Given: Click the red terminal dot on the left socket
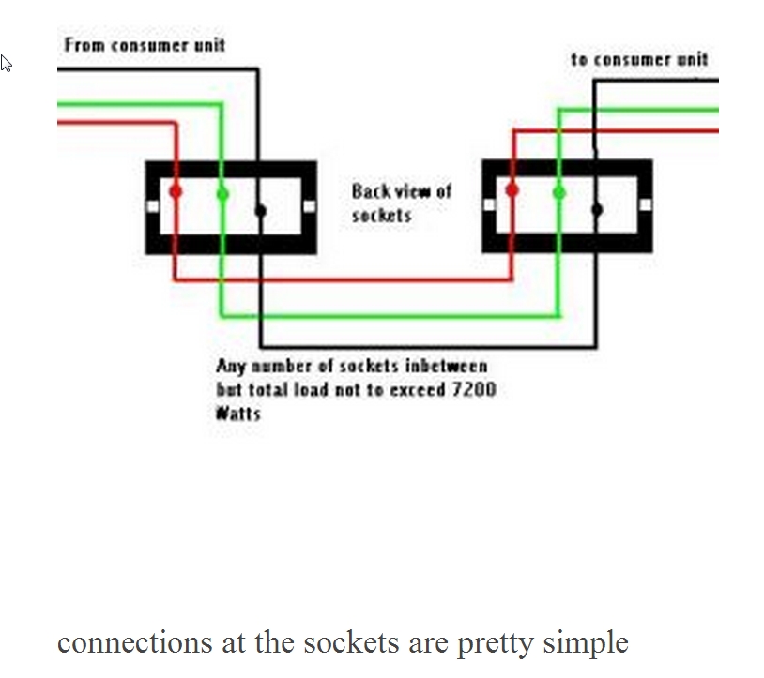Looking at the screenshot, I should click(x=176, y=192).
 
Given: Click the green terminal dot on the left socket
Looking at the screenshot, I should click(x=222, y=194).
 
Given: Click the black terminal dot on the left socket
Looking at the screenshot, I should click(x=261, y=209).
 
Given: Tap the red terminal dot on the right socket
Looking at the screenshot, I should click(x=512, y=190).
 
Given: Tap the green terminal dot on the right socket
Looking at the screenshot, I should click(x=559, y=192).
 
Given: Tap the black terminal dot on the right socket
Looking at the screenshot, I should click(x=597, y=208).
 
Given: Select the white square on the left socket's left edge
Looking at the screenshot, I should click(x=153, y=206).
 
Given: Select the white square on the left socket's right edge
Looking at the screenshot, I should click(x=309, y=206).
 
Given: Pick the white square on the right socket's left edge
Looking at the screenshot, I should click(x=489, y=204).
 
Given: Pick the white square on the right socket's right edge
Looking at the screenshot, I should click(x=645, y=204).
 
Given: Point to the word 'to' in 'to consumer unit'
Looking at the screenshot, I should click(x=579, y=59).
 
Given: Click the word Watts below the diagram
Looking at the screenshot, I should click(x=238, y=413).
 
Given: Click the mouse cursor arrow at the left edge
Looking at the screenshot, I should click(x=6, y=63).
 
